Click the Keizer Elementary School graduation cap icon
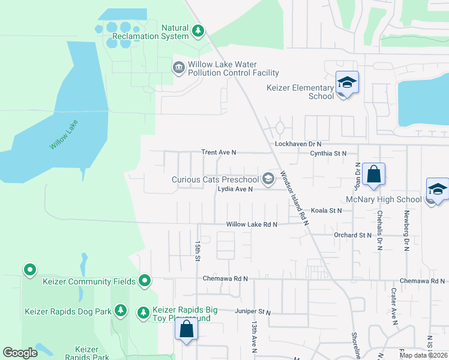(x=347, y=82)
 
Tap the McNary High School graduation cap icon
(x=438, y=190)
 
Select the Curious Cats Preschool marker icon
(x=268, y=179)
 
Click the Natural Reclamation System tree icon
(x=198, y=31)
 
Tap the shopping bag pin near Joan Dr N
(x=373, y=175)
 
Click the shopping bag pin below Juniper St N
(x=186, y=330)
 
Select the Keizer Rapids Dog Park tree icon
(x=121, y=311)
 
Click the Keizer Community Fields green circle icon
(x=145, y=280)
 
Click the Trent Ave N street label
(x=219, y=153)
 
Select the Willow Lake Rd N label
(x=252, y=224)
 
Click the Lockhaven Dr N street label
(x=298, y=145)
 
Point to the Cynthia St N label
(x=328, y=154)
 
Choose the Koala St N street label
(x=326, y=211)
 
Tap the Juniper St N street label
(x=253, y=313)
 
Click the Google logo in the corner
(x=20, y=353)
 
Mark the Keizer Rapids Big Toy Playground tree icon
(x=143, y=313)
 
